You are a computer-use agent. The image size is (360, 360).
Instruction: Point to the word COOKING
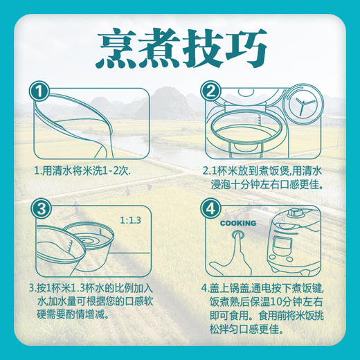point(237,223)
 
